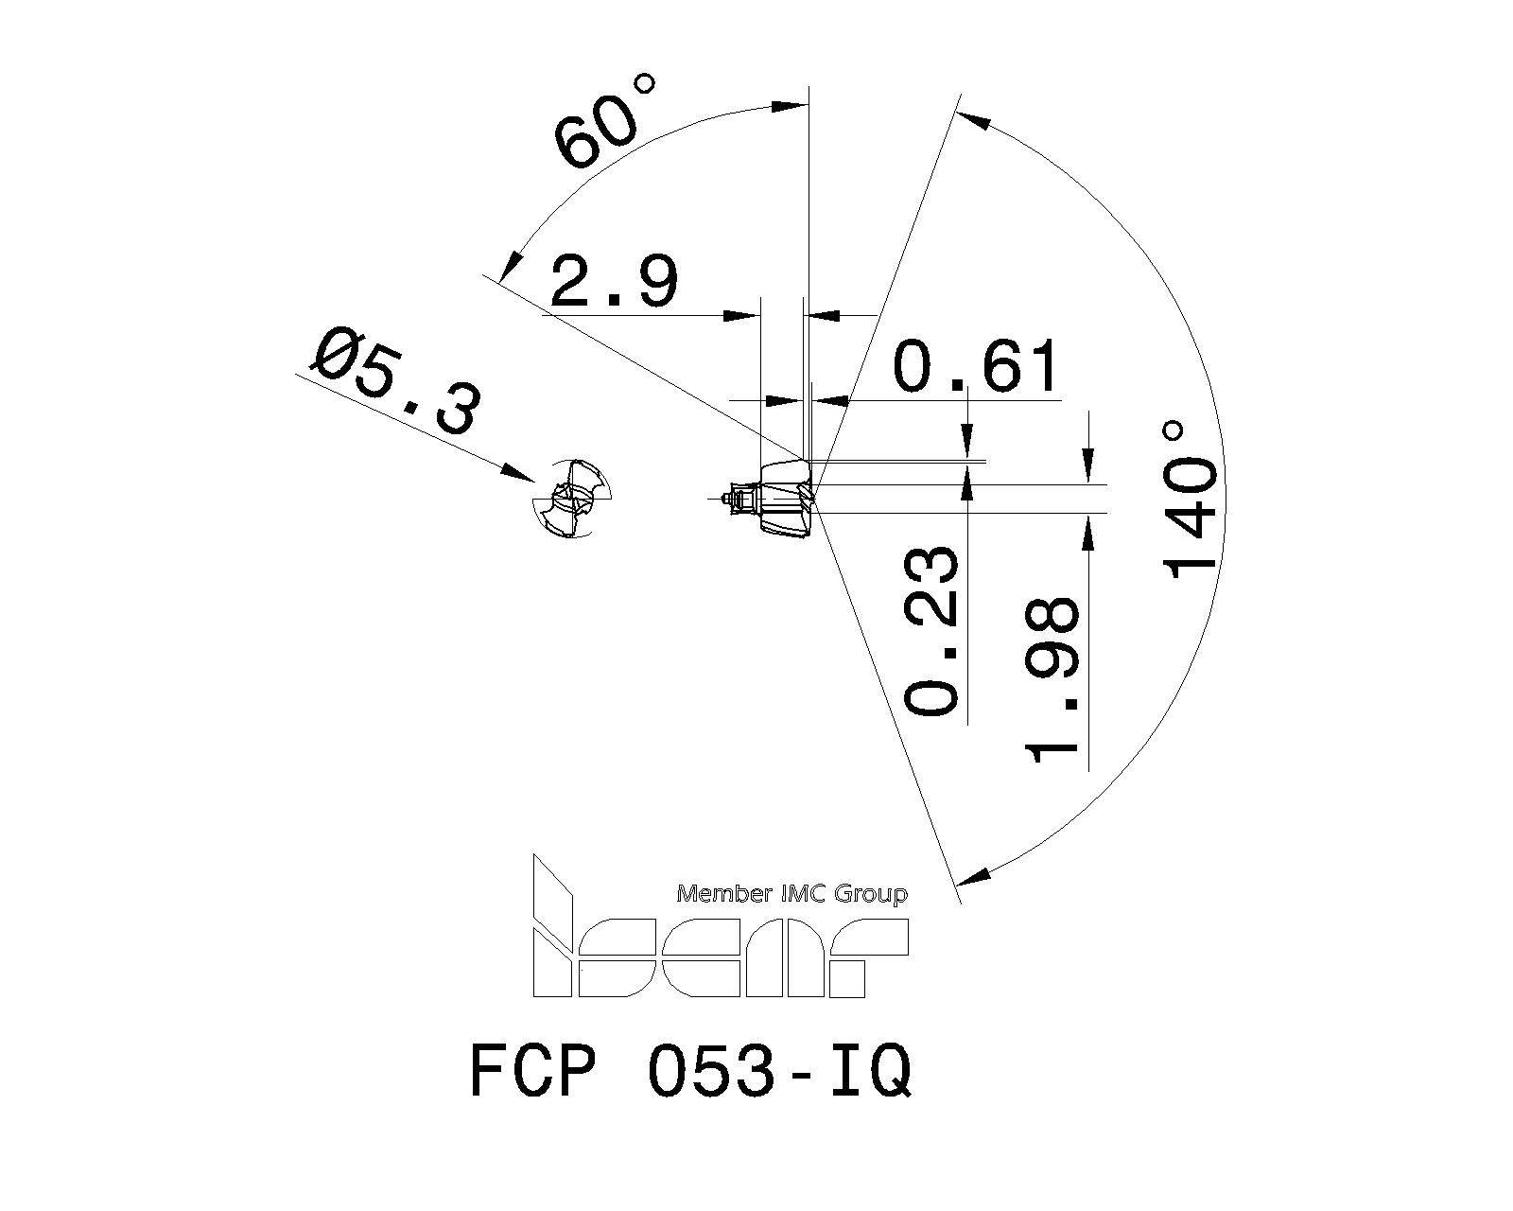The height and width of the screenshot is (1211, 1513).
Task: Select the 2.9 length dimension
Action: click(x=614, y=283)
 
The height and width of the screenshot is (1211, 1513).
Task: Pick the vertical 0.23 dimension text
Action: click(x=934, y=629)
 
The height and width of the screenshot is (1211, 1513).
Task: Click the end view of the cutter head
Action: click(x=569, y=500)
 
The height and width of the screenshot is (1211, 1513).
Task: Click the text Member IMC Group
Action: click(x=792, y=893)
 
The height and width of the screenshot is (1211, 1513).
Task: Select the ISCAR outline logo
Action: click(x=719, y=946)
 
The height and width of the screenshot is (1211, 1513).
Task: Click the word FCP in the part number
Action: click(x=534, y=1072)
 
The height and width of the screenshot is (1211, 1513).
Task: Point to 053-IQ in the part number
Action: click(x=779, y=1072)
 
